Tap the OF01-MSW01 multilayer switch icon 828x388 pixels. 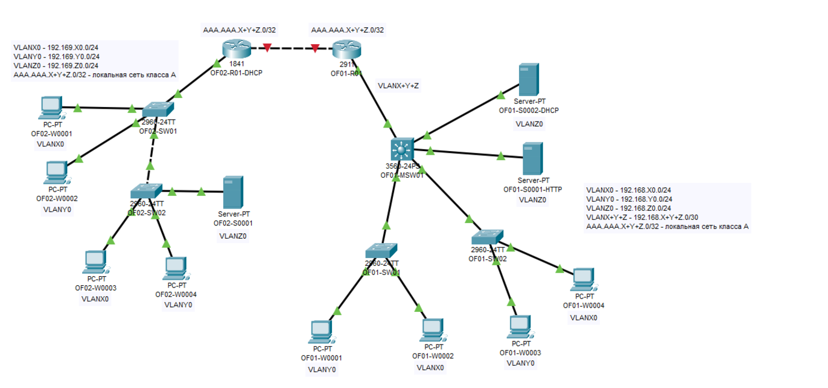pyautogui.click(x=400, y=148)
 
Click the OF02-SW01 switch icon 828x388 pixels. pyautogui.click(x=158, y=109)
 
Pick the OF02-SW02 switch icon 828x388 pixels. pyautogui.click(x=146, y=191)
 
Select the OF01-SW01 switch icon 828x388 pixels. pyautogui.click(x=381, y=250)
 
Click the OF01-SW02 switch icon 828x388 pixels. pyautogui.click(x=487, y=237)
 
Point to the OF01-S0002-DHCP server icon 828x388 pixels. pyautogui.click(x=528, y=79)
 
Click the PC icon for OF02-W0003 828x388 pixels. pyautogui.click(x=95, y=262)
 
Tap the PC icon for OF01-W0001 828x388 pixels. pyautogui.click(x=321, y=332)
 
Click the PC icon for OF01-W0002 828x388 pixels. pyautogui.click(x=433, y=330)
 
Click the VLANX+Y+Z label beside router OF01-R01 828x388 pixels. pyautogui.click(x=398, y=86)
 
